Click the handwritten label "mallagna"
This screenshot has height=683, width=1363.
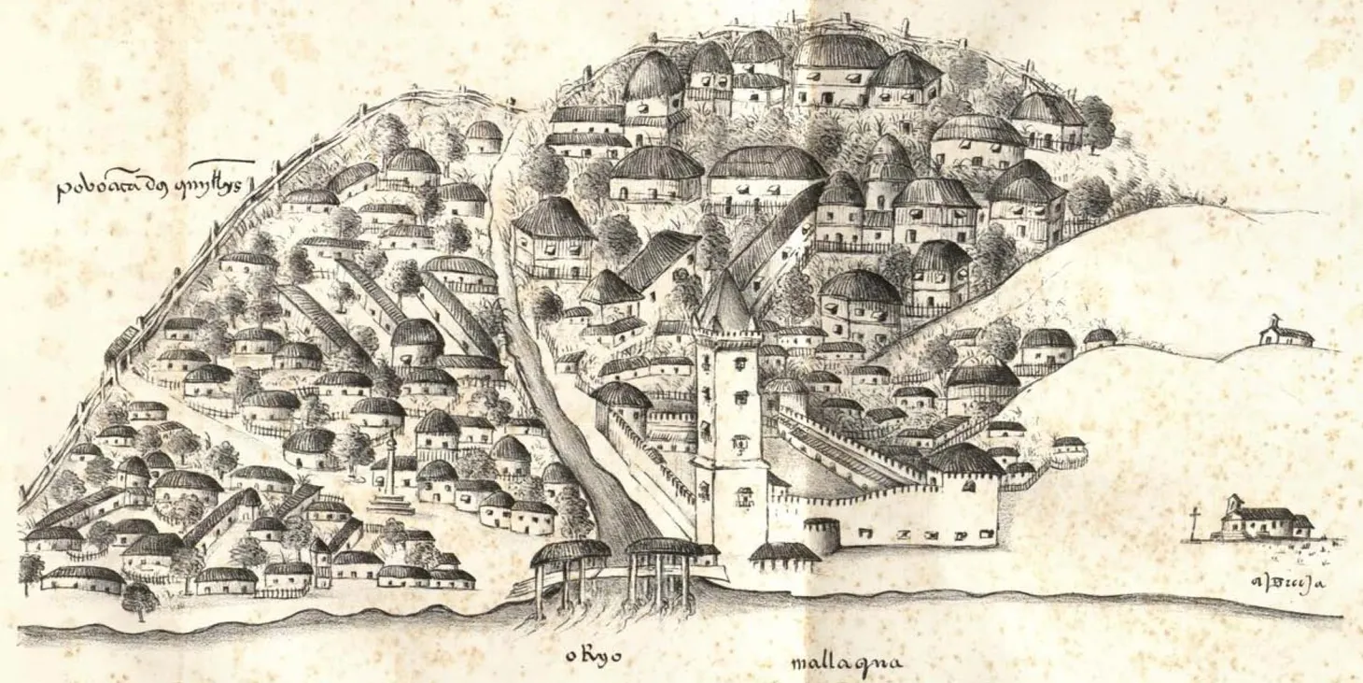click(x=846, y=664)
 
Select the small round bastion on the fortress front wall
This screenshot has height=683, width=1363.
click(x=822, y=534)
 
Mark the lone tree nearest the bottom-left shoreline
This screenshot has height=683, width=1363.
click(x=139, y=598)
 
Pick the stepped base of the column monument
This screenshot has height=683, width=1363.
click(x=390, y=505)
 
